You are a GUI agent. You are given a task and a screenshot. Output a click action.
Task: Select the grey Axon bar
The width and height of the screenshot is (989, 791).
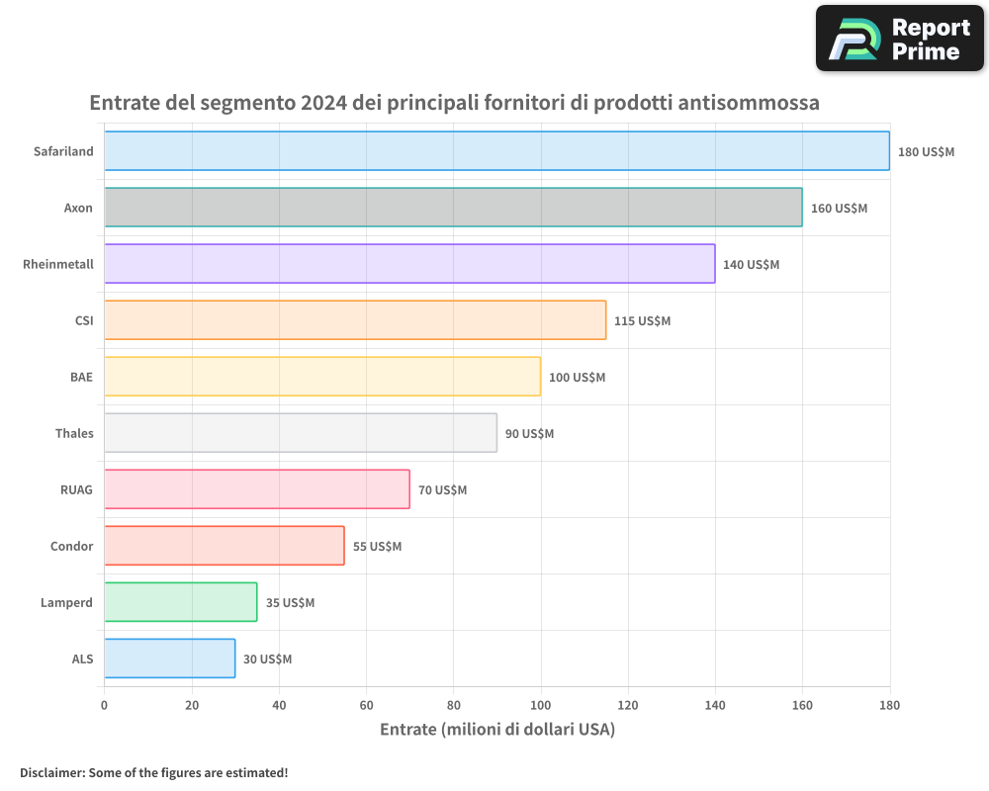pyautogui.click(x=453, y=208)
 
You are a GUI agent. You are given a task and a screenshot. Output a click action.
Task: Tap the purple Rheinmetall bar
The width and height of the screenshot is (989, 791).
pyautogui.click(x=409, y=264)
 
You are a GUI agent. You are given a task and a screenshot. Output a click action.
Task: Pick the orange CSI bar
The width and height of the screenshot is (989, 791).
pyautogui.click(x=355, y=320)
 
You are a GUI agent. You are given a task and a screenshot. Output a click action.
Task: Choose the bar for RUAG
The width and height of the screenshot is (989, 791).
pyautogui.click(x=257, y=489)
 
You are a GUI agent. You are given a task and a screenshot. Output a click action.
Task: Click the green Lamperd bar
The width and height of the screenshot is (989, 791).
pyautogui.click(x=180, y=602)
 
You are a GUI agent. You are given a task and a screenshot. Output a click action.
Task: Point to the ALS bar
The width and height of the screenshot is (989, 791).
pyautogui.click(x=169, y=659)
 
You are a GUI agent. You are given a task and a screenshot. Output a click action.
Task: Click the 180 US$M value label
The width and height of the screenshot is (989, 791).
pyautogui.click(x=926, y=152)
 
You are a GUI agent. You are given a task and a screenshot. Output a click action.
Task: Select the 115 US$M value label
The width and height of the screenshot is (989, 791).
pyautogui.click(x=642, y=321)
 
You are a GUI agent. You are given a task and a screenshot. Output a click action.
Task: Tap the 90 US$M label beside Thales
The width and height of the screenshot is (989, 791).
pyautogui.click(x=529, y=434)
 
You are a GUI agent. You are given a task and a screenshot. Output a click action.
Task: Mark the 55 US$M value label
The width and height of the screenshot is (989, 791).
pyautogui.click(x=377, y=547)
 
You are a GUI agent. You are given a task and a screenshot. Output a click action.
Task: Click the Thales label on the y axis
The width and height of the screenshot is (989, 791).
pyautogui.click(x=74, y=433)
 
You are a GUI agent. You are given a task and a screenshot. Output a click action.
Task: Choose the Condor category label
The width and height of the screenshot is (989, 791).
pyautogui.click(x=71, y=546)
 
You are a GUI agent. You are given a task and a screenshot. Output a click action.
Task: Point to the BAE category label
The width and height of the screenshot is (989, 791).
pyautogui.click(x=81, y=377)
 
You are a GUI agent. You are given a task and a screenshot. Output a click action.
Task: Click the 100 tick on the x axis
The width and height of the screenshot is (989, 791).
pyautogui.click(x=541, y=706)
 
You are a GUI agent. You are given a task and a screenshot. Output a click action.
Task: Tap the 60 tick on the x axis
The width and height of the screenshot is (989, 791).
pyautogui.click(x=366, y=706)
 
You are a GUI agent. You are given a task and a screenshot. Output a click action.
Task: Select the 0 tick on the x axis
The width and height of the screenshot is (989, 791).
pyautogui.click(x=104, y=706)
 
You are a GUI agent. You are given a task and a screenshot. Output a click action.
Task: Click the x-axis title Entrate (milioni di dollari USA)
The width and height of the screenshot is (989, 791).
pyautogui.click(x=496, y=730)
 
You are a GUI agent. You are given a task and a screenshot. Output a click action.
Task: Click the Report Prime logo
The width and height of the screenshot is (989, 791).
pyautogui.click(x=899, y=39)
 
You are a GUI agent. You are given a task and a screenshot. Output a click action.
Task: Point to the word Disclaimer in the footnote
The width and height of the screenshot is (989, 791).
pyautogui.click(x=51, y=772)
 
